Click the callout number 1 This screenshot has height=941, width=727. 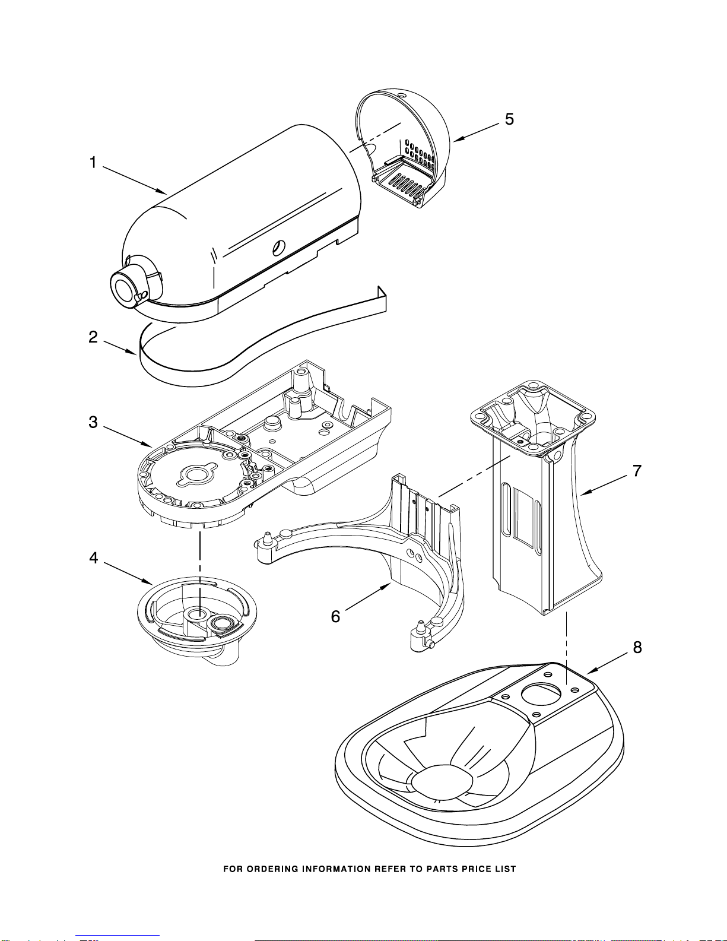coord(93,163)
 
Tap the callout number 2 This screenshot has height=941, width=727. coord(93,337)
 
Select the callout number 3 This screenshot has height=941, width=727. coord(93,422)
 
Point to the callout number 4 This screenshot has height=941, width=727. coord(94,557)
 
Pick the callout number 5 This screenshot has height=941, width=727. coord(509,119)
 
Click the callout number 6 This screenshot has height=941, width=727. coord(335,616)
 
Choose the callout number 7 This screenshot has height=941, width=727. coord(637,471)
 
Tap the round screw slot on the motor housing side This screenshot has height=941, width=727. coord(279,248)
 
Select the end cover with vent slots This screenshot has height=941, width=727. coord(402,147)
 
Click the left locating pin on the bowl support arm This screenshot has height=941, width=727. coord(268,539)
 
